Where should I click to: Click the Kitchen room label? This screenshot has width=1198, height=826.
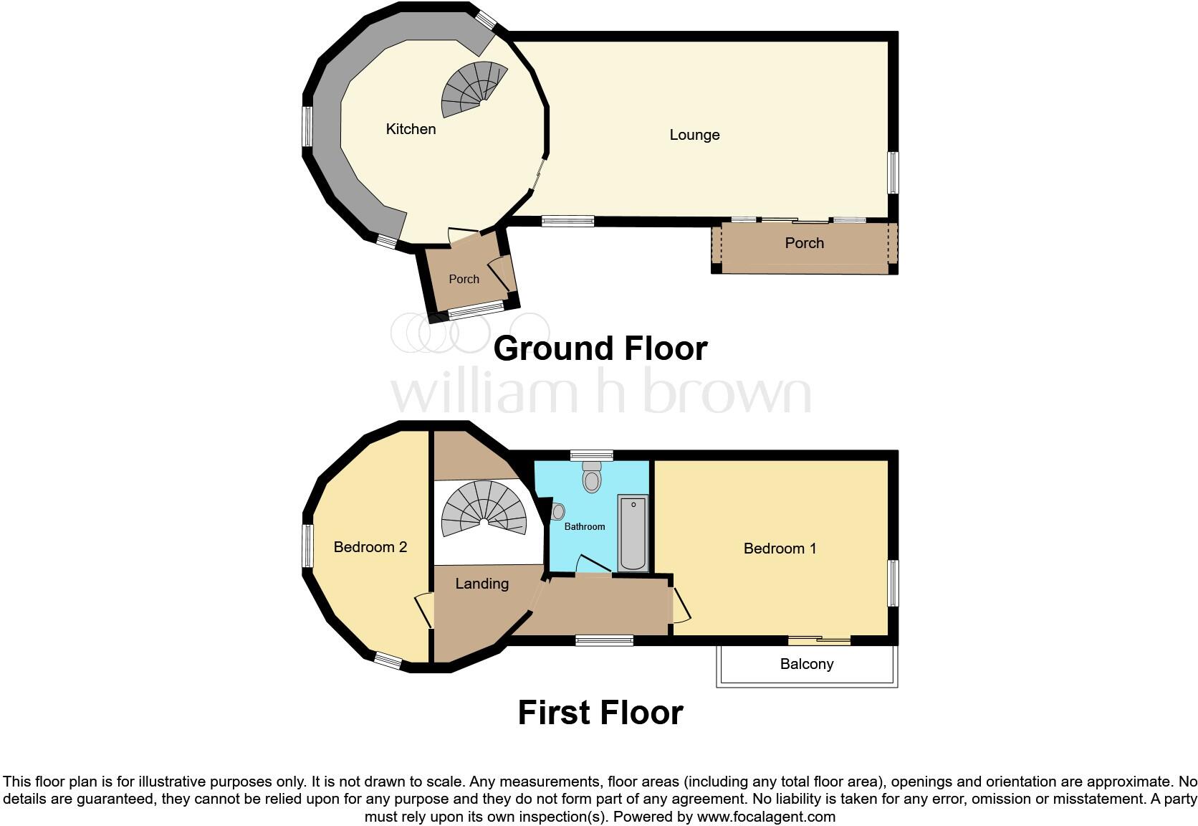(x=411, y=129)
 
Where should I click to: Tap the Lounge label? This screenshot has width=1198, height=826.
(x=694, y=135)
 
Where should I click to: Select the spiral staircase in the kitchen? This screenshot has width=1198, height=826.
(x=471, y=89)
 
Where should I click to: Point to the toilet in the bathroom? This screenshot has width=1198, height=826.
(x=592, y=476)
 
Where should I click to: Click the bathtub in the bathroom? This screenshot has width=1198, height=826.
(x=633, y=533)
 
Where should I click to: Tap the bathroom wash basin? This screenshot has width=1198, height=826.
(x=558, y=512)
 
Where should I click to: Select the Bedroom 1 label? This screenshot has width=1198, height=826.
(x=780, y=549)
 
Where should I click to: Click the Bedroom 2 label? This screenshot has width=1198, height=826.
(x=370, y=547)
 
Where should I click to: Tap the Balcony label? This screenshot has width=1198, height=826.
(x=807, y=664)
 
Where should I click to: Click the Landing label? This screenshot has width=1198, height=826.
(x=482, y=584)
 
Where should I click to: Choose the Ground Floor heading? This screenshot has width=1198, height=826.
(x=600, y=348)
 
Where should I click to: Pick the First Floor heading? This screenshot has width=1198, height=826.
(x=600, y=713)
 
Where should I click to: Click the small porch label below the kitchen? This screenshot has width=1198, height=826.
(x=464, y=279)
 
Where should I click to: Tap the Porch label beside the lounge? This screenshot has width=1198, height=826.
(x=804, y=243)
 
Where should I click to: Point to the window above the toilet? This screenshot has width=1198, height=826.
(x=592, y=455)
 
